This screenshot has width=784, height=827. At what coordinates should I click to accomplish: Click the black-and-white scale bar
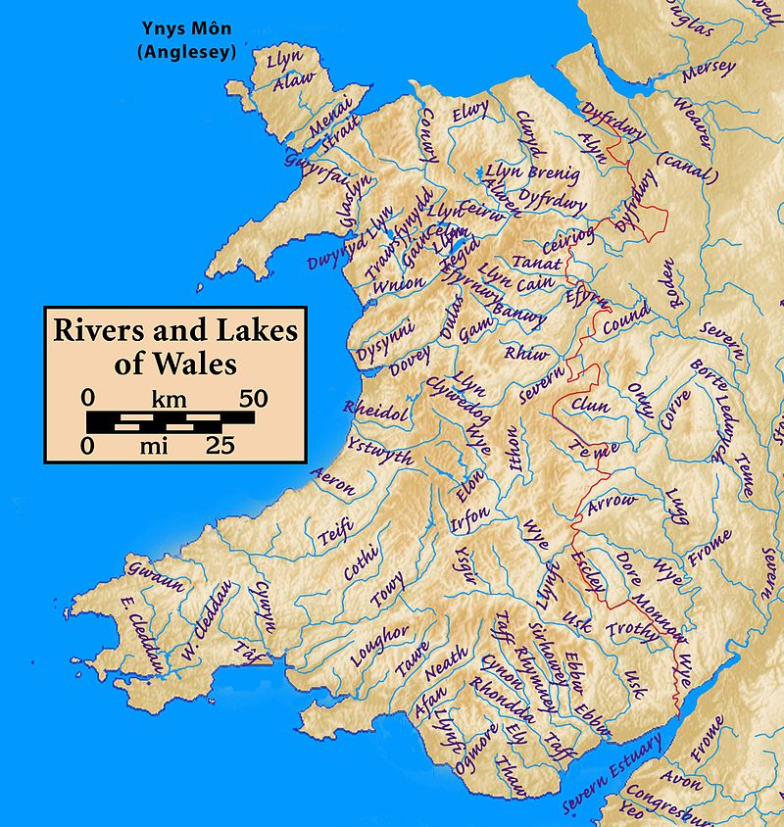point(171,422)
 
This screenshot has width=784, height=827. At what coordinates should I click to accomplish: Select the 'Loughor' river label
point(379,648)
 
